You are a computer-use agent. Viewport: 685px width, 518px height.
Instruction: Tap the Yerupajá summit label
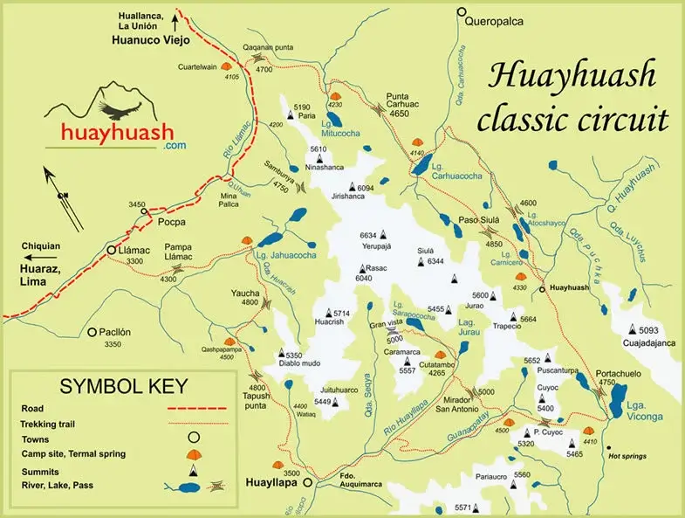tap(378, 247)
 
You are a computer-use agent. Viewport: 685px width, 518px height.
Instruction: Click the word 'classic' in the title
tap(528, 118)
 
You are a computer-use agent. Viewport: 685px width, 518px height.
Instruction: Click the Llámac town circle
tap(111, 250)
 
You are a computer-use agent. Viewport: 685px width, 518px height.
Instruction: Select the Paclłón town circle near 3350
tap(92, 331)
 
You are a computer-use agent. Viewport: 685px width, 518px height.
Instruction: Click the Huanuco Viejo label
tap(143, 39)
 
